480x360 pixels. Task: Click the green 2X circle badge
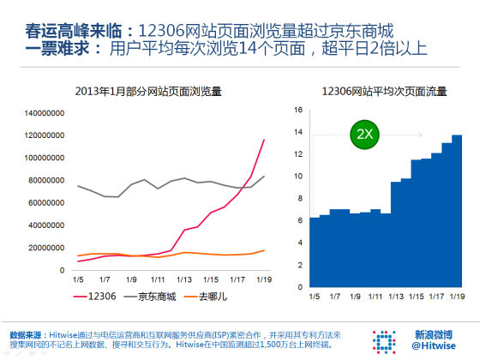[364, 135]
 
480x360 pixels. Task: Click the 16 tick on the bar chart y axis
[298, 110]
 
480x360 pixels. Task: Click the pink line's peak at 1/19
[263, 140]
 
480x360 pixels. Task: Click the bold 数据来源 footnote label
[27, 333]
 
